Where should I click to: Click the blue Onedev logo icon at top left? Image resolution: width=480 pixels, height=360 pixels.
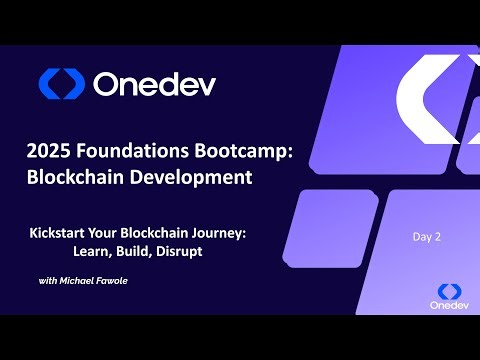click(x=62, y=84)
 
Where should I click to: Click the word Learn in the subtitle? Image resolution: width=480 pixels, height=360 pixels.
click(x=91, y=252)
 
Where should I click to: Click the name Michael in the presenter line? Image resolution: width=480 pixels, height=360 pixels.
click(x=85, y=281)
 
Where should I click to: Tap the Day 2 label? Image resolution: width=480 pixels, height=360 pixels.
click(x=427, y=237)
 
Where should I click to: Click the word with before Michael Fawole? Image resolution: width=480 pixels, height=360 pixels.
click(x=50, y=281)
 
